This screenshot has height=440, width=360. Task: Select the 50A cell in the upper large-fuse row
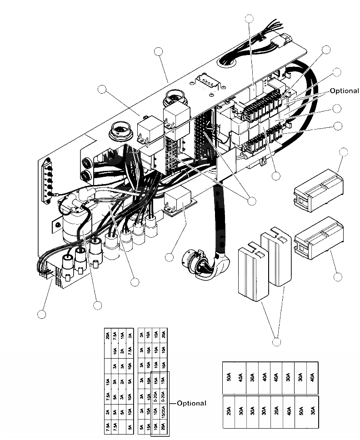[x=229, y=378]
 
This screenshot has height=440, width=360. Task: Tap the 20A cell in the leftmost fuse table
[x=108, y=336]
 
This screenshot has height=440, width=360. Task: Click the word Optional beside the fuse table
[x=191, y=403]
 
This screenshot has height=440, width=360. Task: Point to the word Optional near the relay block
[x=344, y=91]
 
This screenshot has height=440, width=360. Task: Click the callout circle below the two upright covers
[x=276, y=342]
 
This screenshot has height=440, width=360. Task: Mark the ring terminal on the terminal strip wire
[x=55, y=196]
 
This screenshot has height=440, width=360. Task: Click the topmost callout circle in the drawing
[x=249, y=19]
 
